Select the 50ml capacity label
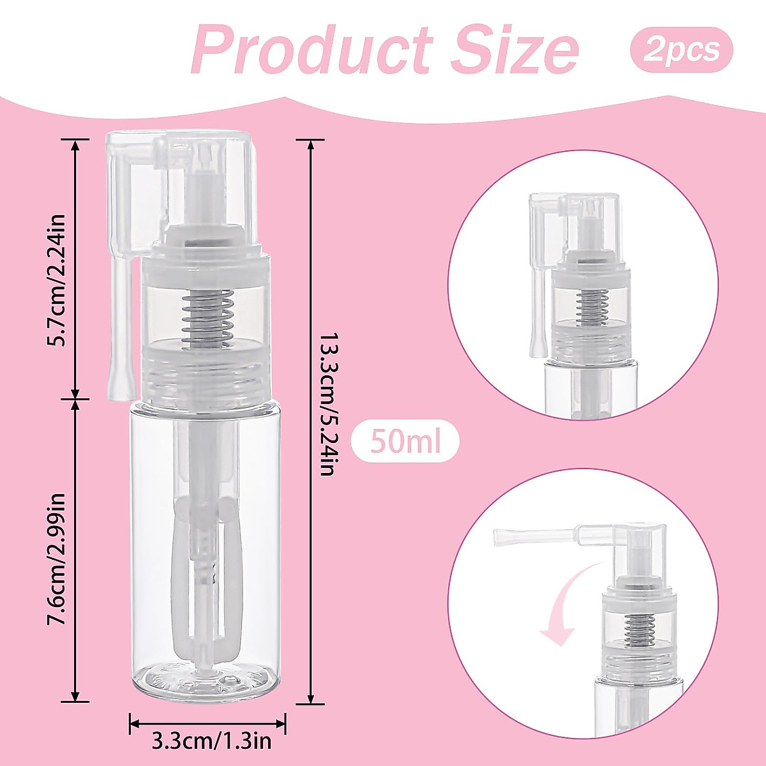tap(405, 441)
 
